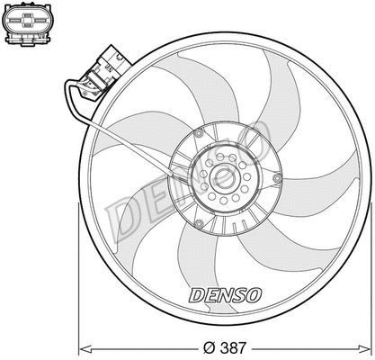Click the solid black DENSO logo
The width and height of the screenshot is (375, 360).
click(224, 295)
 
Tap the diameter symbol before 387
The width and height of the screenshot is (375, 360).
click(210, 346)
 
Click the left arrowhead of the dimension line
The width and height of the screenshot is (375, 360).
click(84, 346)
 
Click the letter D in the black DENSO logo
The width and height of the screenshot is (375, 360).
click(196, 295)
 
